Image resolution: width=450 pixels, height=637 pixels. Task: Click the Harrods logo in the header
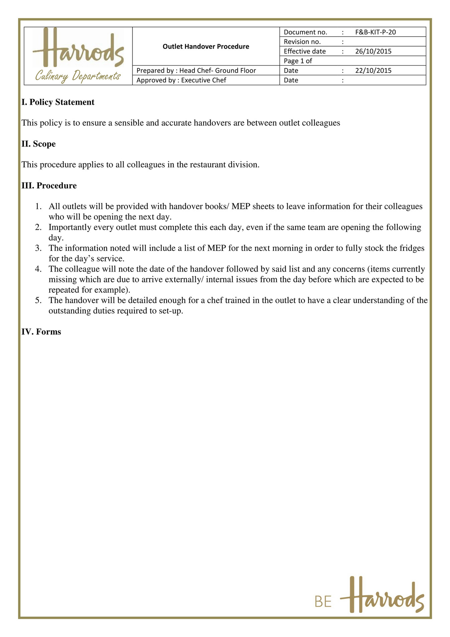pos(79,48)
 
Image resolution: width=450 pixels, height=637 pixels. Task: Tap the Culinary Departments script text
pos(78,76)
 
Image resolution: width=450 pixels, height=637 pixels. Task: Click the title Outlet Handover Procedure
pos(206,47)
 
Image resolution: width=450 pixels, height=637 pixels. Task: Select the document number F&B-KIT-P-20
pos(375,32)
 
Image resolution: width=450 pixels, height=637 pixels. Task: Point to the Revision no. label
pos(302,42)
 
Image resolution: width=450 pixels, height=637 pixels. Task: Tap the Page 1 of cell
pos(298,61)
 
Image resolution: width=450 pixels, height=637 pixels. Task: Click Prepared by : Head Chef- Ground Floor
pos(196,71)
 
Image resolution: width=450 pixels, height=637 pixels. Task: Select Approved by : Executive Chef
pos(181,80)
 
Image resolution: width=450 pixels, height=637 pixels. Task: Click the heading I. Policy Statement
pos(58,102)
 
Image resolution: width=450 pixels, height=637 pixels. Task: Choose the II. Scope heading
pos(38,144)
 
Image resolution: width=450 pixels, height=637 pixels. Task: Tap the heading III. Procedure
pos(49,186)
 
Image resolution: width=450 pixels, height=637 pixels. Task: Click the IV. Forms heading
pos(41,332)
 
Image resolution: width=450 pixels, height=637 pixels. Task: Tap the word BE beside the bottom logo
pos(323,602)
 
